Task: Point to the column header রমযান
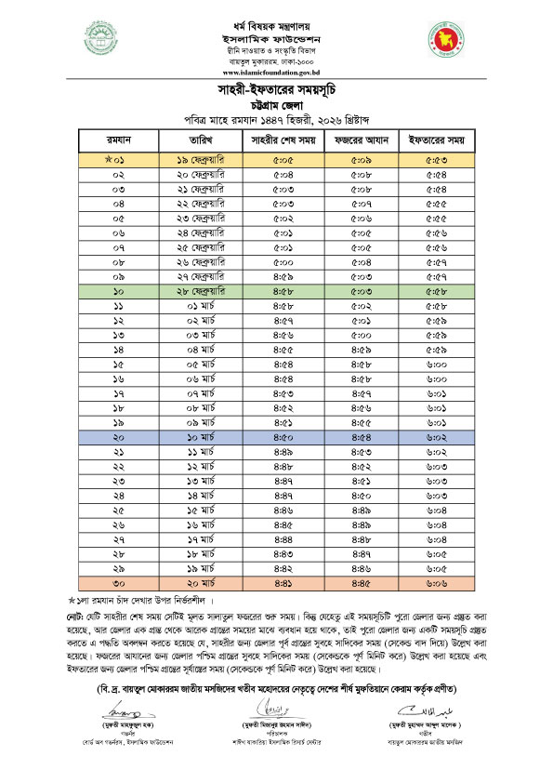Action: coord(119,140)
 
